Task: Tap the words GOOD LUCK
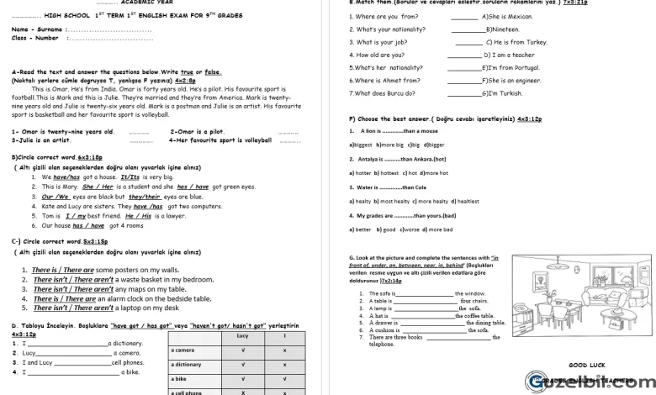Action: [586, 365]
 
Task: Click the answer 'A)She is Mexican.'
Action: [508, 16]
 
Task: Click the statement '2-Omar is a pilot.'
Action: [198, 131]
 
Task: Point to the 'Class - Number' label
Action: [35, 38]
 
